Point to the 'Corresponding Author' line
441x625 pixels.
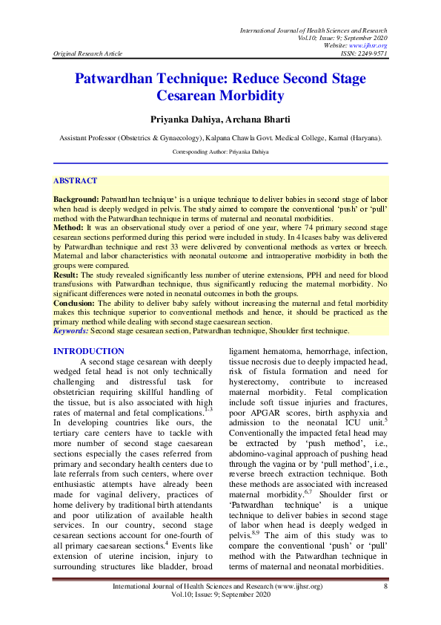tap(220, 151)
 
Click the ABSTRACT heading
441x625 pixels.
tap(75, 181)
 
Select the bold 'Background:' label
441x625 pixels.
tap(76, 201)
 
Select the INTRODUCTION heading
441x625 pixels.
tap(88, 351)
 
